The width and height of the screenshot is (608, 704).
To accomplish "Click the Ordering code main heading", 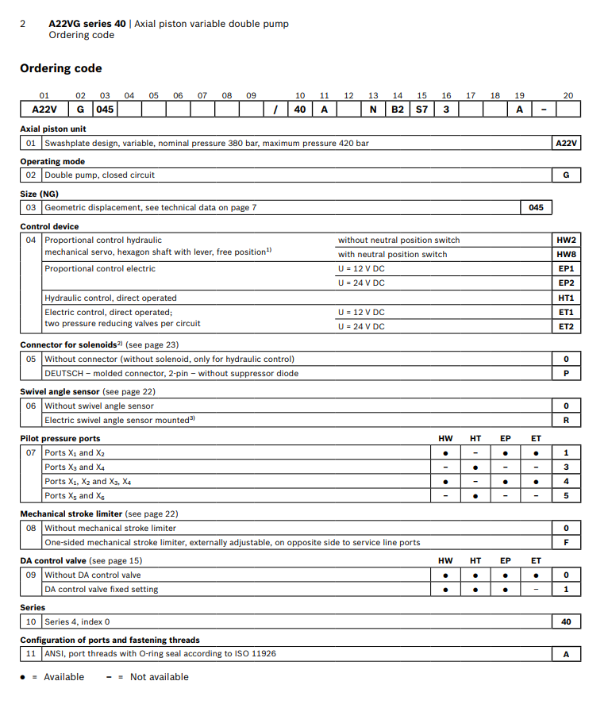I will click(x=61, y=68).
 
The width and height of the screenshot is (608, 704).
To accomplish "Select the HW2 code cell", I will click(x=566, y=240).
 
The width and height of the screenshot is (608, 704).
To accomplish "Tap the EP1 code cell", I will click(x=566, y=268).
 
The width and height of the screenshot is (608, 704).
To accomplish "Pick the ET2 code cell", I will click(x=566, y=326).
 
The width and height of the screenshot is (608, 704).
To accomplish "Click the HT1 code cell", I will click(x=566, y=298).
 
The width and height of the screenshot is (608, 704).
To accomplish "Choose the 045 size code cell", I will click(x=536, y=207).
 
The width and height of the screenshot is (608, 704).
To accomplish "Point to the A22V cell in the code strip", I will click(x=44, y=110).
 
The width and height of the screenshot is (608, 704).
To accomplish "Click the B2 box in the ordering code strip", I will click(x=398, y=110).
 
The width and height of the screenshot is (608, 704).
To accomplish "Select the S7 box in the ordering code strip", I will click(x=422, y=110).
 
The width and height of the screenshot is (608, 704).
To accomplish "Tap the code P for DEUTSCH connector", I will click(x=566, y=373).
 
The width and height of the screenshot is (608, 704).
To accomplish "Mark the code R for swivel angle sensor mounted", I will click(x=566, y=420).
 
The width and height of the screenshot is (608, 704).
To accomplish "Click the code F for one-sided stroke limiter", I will click(x=566, y=542).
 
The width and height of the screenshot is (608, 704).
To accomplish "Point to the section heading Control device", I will click(x=48, y=226).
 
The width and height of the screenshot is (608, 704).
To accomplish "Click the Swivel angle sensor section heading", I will click(x=60, y=392).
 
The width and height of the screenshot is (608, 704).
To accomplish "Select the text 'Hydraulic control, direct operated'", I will click(x=110, y=298).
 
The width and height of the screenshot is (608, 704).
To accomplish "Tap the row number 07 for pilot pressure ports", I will click(x=31, y=452).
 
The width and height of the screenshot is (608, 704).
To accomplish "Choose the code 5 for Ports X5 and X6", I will click(x=566, y=495).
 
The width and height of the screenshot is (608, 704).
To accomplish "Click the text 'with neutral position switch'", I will click(x=392, y=254).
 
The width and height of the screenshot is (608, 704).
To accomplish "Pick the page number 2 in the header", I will click(x=23, y=24).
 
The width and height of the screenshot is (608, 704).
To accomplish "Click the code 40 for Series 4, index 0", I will click(x=566, y=621).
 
